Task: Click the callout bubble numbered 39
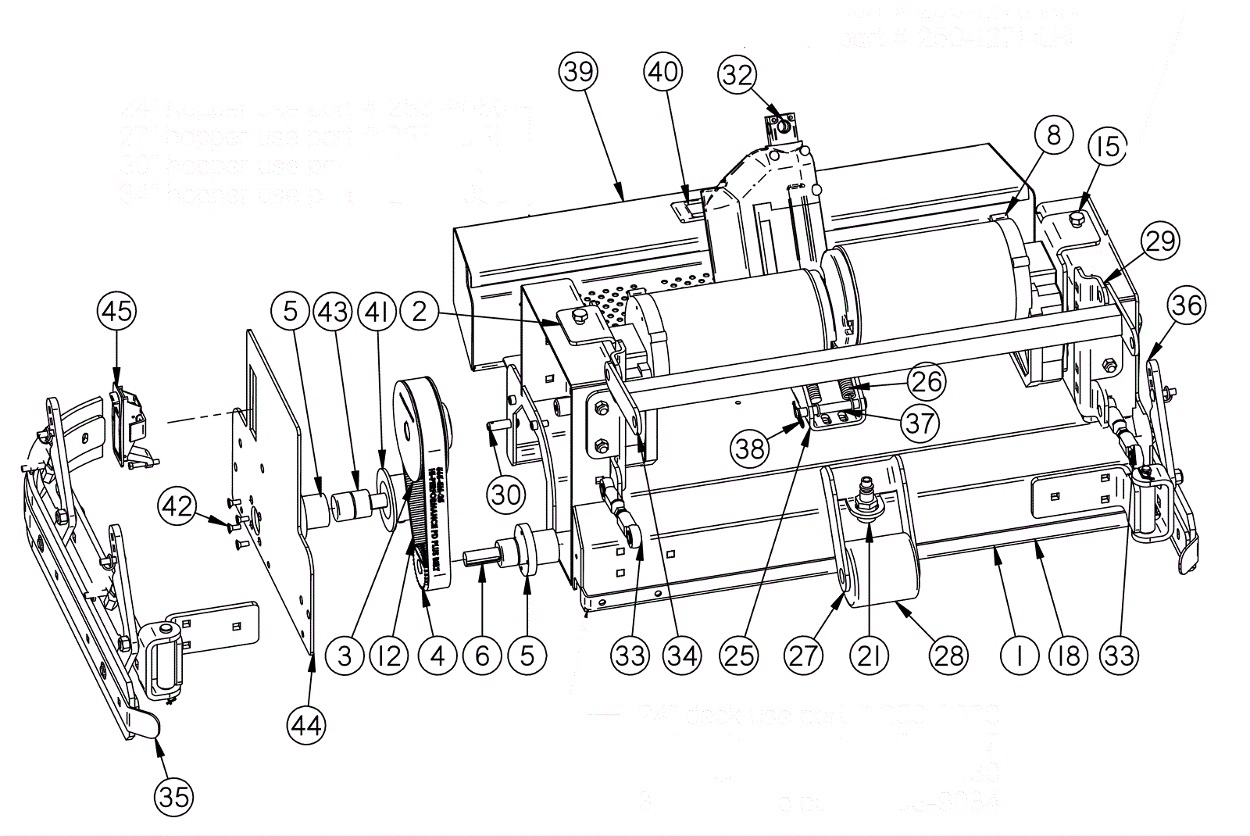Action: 579,72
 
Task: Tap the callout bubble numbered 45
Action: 117,311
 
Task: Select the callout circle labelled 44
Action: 305,726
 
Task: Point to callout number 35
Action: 174,796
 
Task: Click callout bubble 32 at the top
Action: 737,75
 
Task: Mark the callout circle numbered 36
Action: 1186,305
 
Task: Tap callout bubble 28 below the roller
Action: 949,655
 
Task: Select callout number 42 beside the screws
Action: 177,506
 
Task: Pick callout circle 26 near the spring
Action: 927,381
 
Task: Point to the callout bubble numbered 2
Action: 420,312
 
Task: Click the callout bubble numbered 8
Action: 1054,136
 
